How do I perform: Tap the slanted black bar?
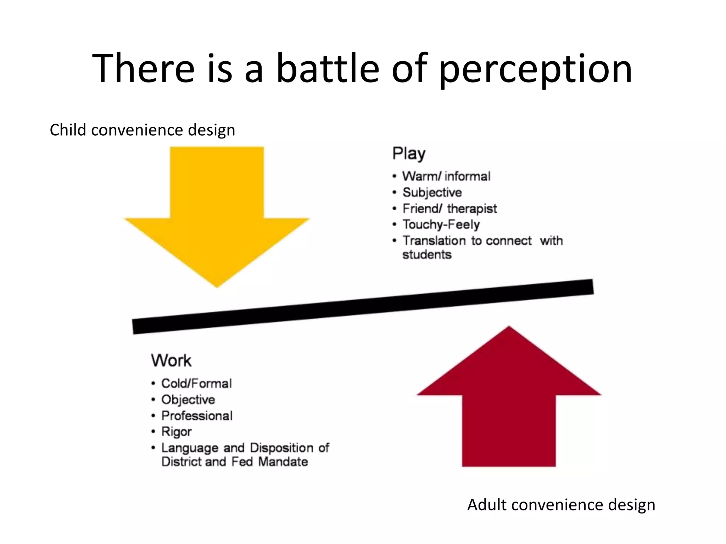(363, 307)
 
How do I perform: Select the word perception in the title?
(535, 69)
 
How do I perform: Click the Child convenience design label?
(142, 130)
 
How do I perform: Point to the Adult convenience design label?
(561, 505)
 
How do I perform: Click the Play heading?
(409, 154)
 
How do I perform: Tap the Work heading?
(171, 361)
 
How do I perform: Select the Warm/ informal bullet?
(446, 176)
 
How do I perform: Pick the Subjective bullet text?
(432, 192)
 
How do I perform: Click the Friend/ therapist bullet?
(449, 209)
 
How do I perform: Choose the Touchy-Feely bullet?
(441, 225)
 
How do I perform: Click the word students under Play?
(427, 255)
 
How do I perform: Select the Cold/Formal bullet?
(196, 383)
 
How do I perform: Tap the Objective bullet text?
(188, 399)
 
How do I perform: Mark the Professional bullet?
(197, 416)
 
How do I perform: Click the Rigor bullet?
(177, 432)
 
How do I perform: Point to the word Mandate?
(283, 462)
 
